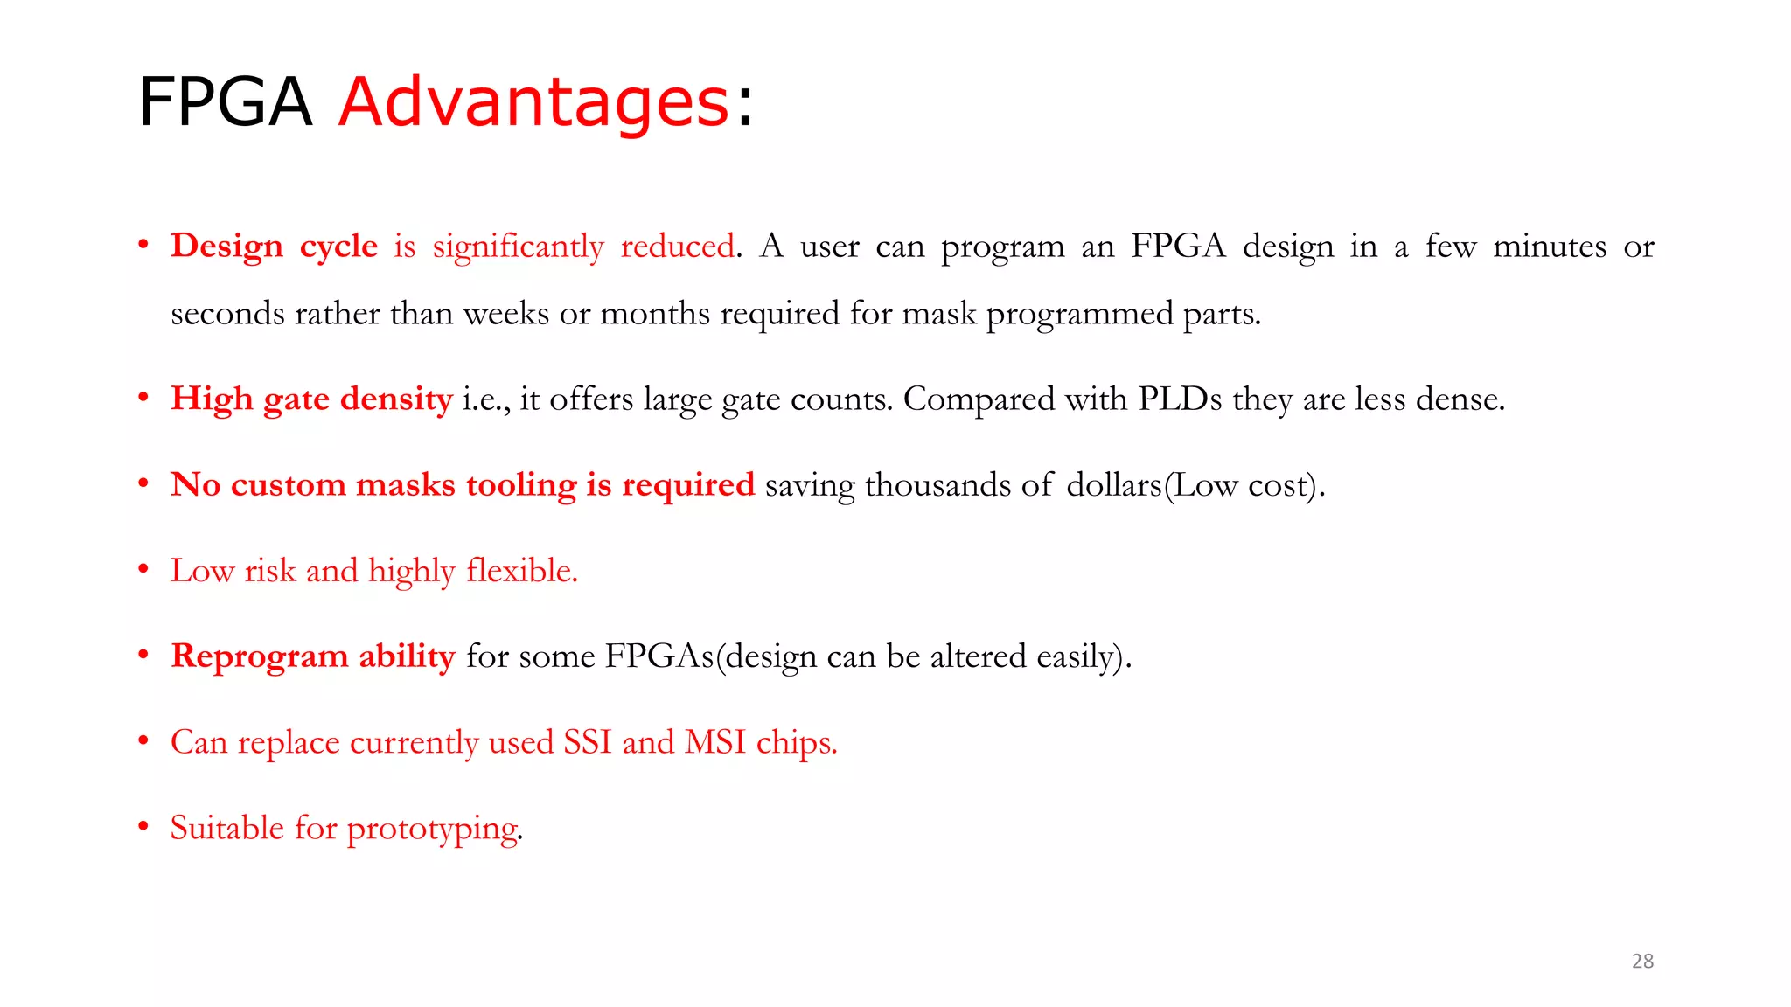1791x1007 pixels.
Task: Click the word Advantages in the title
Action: (533, 102)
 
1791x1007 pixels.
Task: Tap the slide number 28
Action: (1642, 961)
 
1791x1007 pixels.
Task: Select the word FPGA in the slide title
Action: (225, 102)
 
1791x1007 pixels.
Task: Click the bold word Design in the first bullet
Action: (226, 247)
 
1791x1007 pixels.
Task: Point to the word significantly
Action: (518, 247)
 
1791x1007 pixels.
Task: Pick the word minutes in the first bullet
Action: (1549, 246)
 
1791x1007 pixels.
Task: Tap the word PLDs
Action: (1180, 399)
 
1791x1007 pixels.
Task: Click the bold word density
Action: (396, 399)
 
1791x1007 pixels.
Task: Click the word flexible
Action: (522, 570)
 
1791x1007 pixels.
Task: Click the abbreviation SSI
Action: (588, 742)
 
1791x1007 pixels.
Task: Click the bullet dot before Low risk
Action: (143, 570)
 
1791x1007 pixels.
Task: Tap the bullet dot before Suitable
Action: (143, 827)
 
